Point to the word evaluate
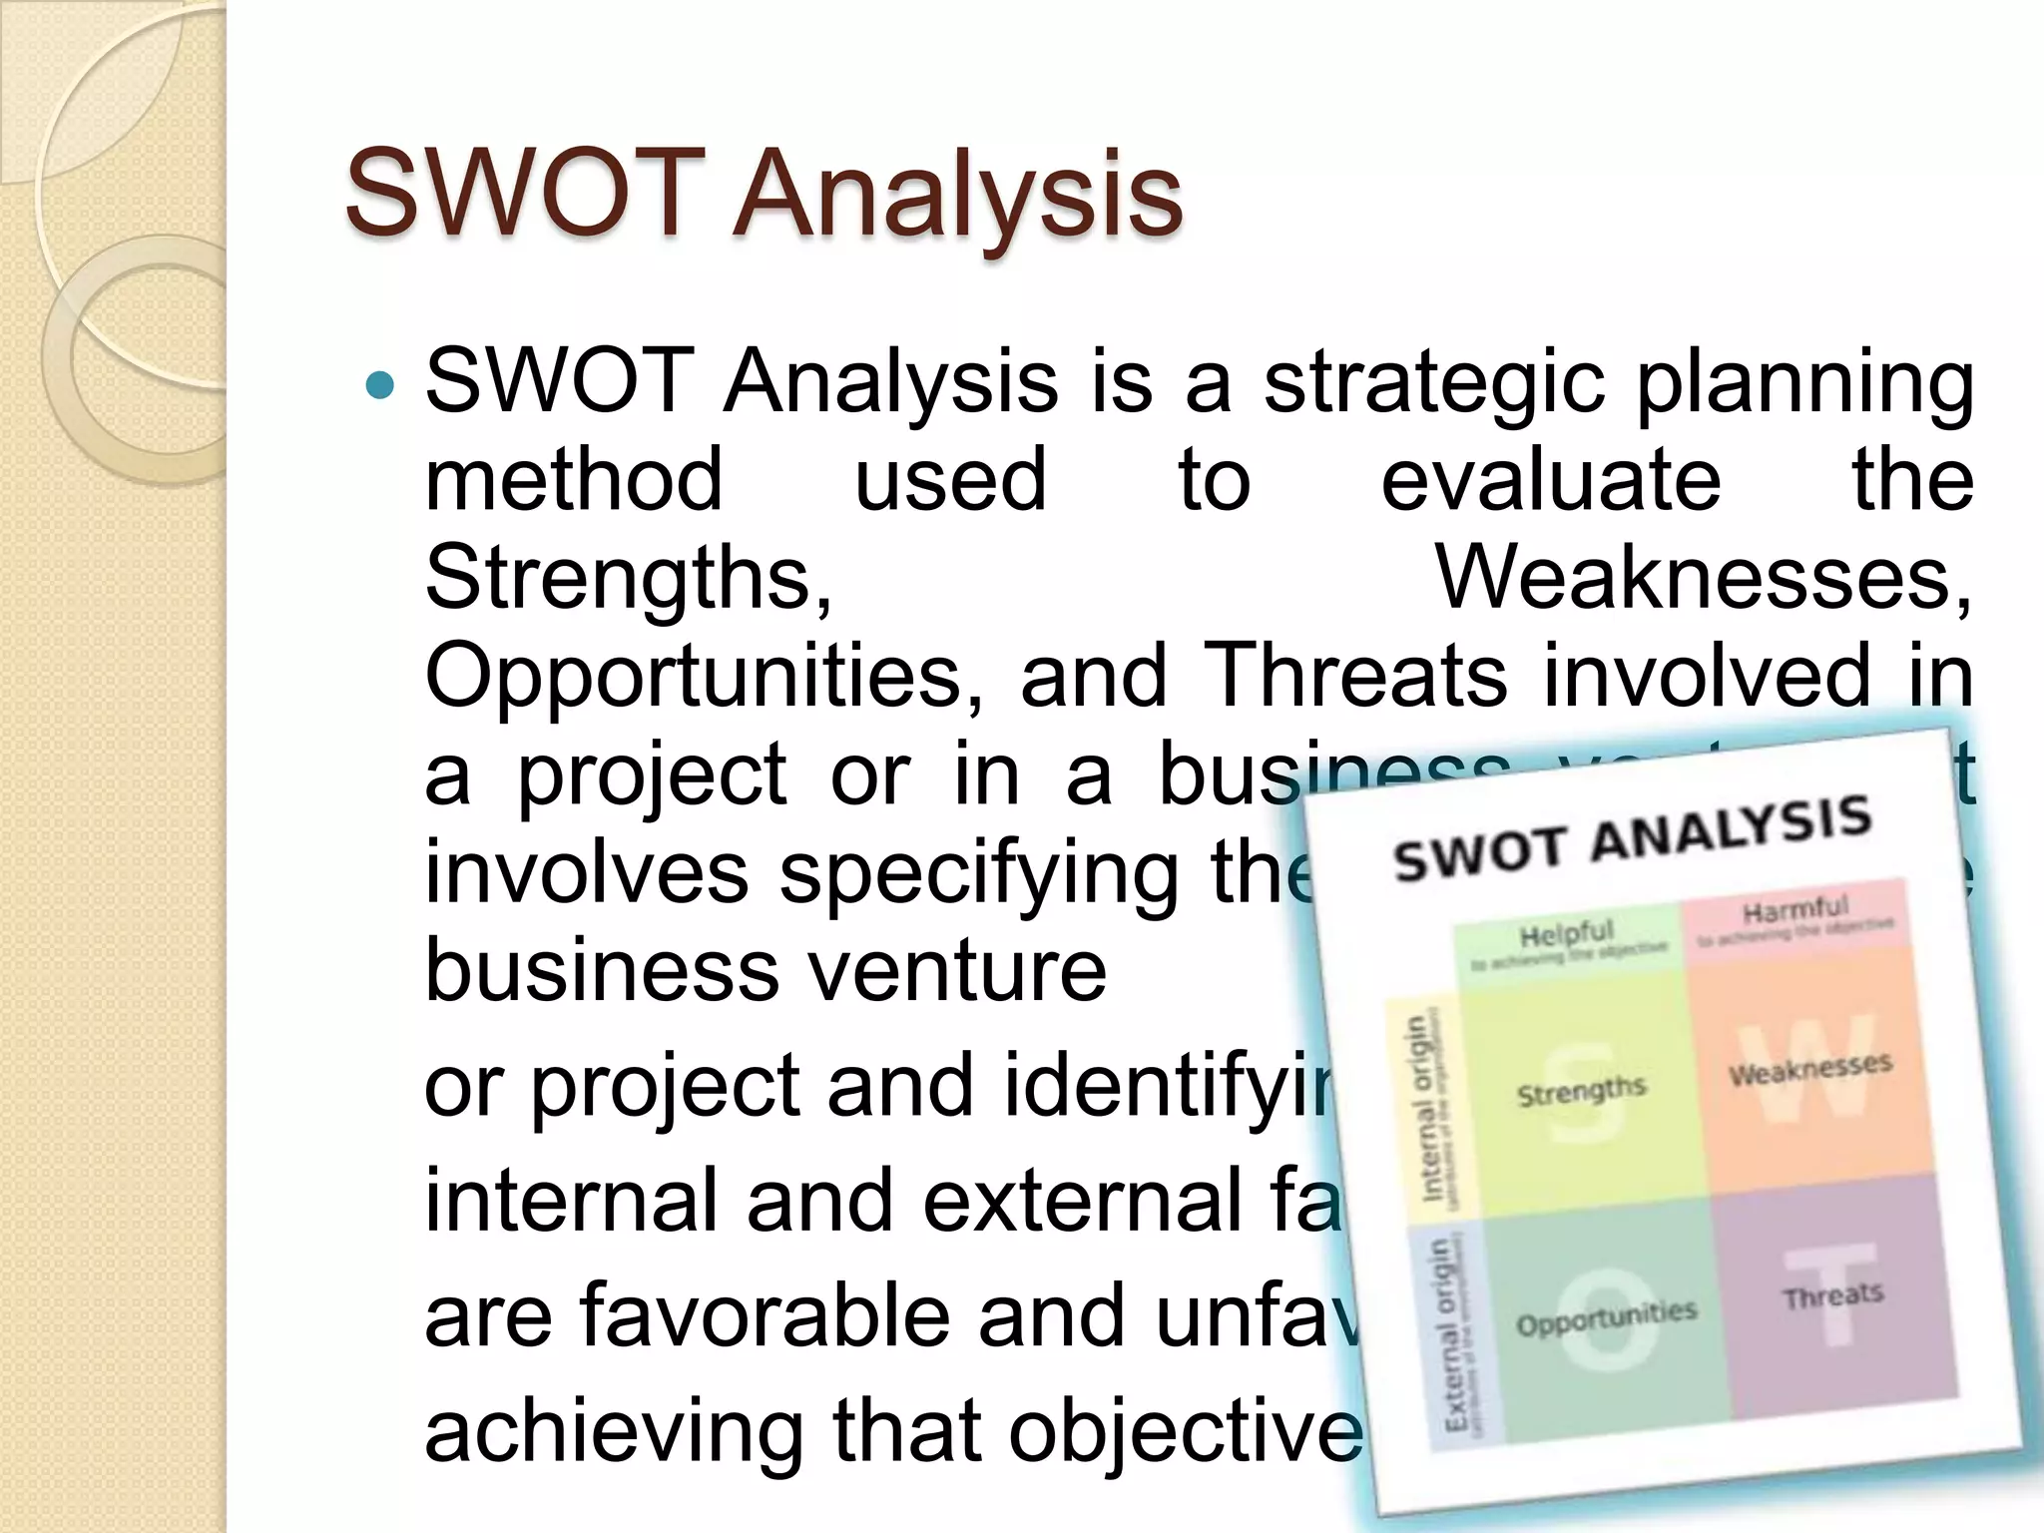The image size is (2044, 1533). point(1551,481)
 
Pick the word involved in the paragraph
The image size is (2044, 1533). point(1707,676)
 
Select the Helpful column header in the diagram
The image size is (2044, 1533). point(1566,935)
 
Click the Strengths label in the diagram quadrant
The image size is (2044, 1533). point(1581,1091)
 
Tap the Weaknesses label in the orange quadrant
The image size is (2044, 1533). point(1810,1069)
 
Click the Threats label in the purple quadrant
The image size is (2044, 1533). point(1833,1295)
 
